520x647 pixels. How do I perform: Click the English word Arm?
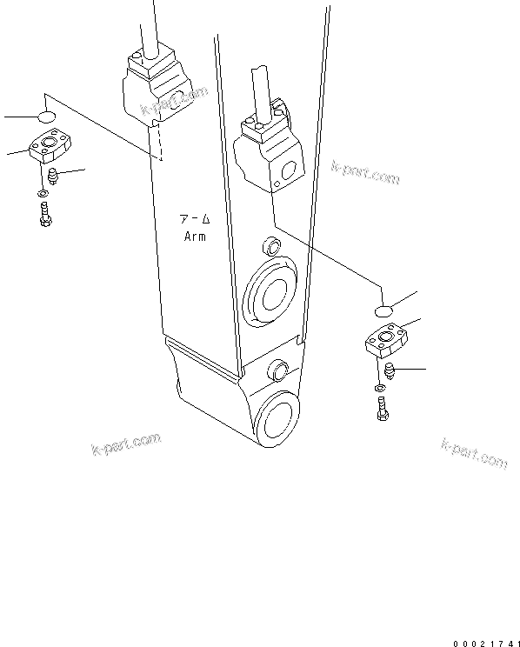[194, 237]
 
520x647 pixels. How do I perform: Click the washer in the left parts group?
[43, 192]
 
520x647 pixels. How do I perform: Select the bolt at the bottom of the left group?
[44, 214]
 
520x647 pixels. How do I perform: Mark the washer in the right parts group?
[380, 387]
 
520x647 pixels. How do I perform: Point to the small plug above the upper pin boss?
[269, 243]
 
